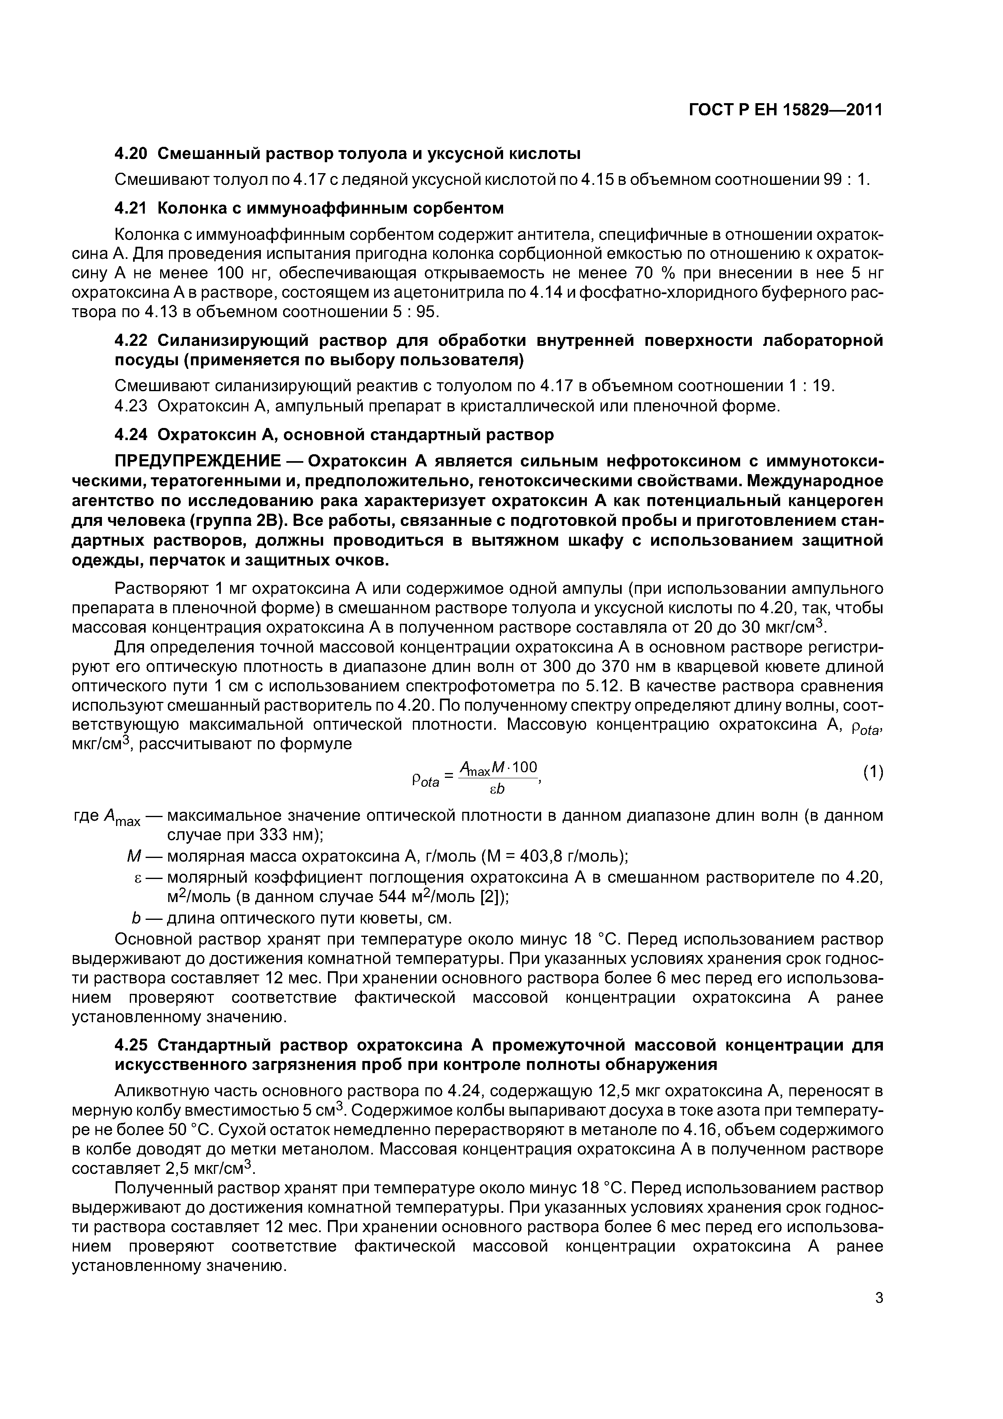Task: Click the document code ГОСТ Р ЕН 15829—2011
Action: [x=785, y=110]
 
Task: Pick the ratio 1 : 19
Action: [x=811, y=386]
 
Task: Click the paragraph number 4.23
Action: [x=131, y=406]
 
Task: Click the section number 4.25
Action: [x=131, y=1045]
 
